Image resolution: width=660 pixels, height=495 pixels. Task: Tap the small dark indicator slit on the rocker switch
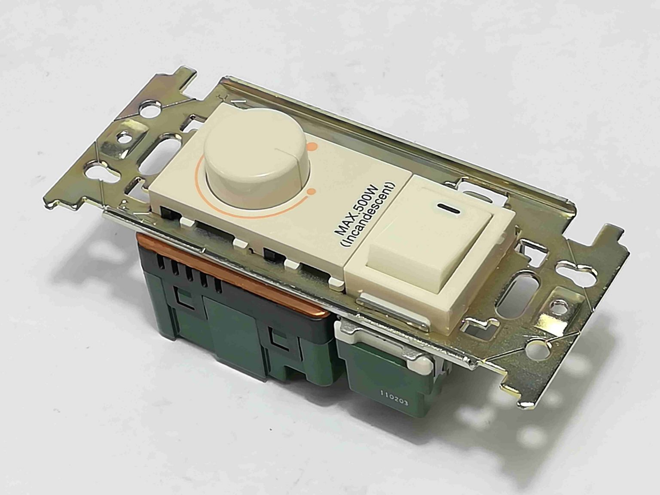click(448, 210)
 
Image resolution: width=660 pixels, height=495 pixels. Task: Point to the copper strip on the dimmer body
click(241, 267)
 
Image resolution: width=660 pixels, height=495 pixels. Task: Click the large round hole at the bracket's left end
click(149, 107)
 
